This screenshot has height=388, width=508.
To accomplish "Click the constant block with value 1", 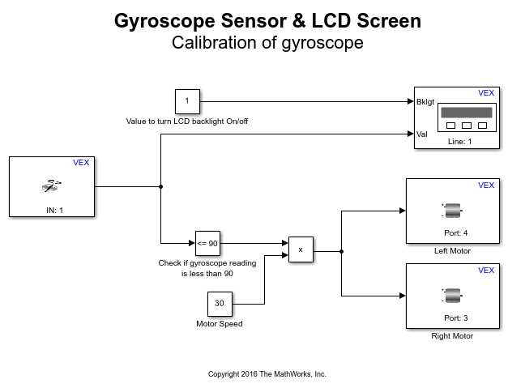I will tap(187, 101).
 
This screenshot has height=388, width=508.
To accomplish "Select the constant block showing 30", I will tap(219, 304).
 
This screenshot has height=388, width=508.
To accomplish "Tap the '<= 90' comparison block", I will tap(207, 242).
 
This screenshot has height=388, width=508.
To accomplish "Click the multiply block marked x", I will tap(301, 250).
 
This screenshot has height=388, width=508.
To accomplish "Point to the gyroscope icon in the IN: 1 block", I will tap(50, 185).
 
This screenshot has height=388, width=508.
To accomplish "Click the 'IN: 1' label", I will tap(51, 210).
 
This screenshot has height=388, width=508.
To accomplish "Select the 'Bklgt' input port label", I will tap(425, 102).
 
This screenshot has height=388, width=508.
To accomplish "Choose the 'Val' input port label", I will tap(421, 134).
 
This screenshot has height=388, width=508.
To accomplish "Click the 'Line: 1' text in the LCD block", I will tap(459, 141).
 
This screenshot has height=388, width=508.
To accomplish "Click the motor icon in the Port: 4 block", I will tap(451, 210).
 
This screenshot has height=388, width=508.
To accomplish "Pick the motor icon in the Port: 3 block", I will tap(451, 295).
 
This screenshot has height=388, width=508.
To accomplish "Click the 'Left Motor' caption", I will tap(452, 251).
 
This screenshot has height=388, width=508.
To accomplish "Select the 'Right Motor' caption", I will tap(452, 336).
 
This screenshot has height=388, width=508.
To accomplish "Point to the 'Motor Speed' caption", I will tap(219, 324).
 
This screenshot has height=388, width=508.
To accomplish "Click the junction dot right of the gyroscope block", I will tap(161, 186).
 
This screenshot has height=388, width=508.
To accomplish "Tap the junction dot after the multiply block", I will tap(341, 251).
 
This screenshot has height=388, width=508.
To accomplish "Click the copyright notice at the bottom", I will tap(267, 374).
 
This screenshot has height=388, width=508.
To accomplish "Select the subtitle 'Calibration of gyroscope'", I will tap(267, 44).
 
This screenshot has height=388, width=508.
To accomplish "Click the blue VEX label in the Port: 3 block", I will tap(486, 271).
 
